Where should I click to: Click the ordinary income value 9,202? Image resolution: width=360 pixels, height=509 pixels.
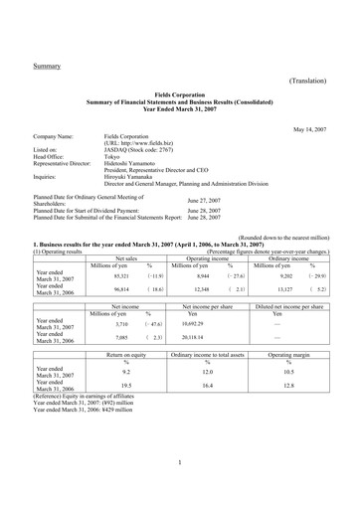click(283, 277)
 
